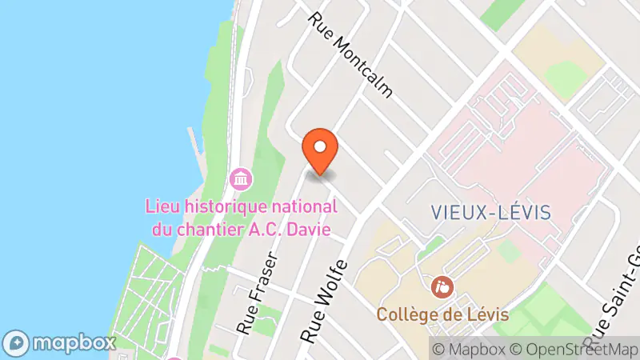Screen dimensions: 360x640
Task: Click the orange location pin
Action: (x=321, y=150)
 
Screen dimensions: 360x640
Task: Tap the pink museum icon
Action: (x=239, y=178)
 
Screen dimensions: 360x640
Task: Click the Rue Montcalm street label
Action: (x=352, y=54)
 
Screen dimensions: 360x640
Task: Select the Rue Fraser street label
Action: (x=257, y=294)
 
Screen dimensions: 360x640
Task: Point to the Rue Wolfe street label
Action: (x=324, y=302)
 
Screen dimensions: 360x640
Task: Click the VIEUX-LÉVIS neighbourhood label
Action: (x=491, y=212)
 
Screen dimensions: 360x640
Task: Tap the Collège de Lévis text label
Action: (x=443, y=314)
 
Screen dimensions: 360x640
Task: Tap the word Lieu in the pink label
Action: (x=162, y=206)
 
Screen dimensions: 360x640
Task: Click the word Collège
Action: (x=406, y=314)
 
